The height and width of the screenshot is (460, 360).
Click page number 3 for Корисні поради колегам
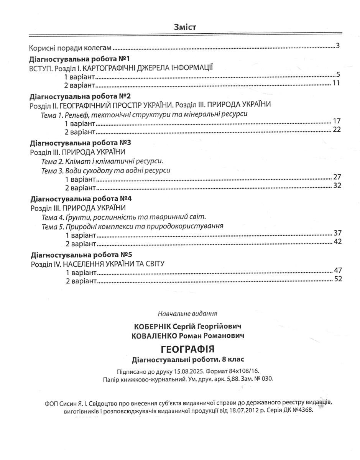click(x=338, y=47)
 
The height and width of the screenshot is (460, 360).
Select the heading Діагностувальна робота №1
click(x=80, y=59)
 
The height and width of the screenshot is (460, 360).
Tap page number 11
click(x=336, y=83)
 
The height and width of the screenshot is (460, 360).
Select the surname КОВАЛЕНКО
click(x=153, y=336)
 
